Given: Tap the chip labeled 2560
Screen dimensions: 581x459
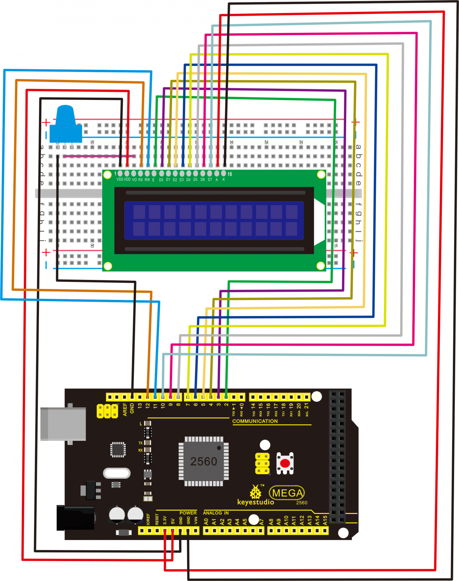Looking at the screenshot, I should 203,461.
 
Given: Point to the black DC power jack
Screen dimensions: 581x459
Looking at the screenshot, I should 75,518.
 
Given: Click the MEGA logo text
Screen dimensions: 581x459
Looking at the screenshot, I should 287,493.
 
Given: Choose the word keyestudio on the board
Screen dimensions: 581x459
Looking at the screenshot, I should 256,502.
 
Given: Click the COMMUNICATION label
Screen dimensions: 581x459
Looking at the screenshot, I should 255,421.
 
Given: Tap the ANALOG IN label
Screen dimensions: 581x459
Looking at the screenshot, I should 216,513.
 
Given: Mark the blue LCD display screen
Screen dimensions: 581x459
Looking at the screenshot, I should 214,220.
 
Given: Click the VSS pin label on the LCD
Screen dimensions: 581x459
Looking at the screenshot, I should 120,179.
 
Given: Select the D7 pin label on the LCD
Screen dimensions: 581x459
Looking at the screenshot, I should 210,179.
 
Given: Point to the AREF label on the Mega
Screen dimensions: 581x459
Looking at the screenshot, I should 125,409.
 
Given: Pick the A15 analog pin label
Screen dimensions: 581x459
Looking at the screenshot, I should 325,520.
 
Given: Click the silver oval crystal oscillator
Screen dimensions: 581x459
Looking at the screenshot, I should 117,473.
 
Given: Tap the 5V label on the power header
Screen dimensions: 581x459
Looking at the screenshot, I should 173,521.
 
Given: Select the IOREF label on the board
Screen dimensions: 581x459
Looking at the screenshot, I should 148,519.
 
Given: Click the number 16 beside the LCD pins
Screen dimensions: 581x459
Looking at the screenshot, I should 229,174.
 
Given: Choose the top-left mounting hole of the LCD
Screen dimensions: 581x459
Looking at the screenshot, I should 108,175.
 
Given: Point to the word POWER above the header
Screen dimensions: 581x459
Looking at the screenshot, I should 188,513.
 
